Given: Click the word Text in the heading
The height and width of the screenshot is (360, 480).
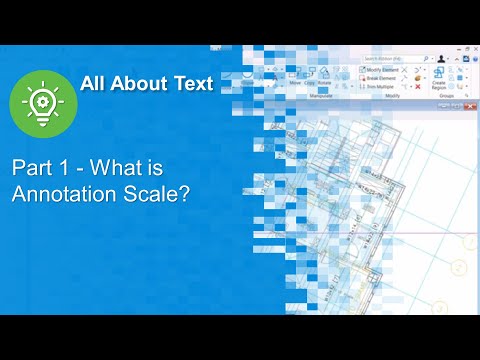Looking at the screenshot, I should pyautogui.click(x=191, y=84).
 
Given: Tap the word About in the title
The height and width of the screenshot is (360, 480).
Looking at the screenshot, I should pyautogui.click(x=137, y=84).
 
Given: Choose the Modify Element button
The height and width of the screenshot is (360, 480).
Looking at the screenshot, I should pyautogui.click(x=385, y=69).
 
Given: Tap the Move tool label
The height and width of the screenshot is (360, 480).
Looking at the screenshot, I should pyautogui.click(x=295, y=83).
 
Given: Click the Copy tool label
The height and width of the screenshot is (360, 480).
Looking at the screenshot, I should pyautogui.click(x=310, y=83).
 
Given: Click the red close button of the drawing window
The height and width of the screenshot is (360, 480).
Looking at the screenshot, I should pyautogui.click(x=471, y=105).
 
